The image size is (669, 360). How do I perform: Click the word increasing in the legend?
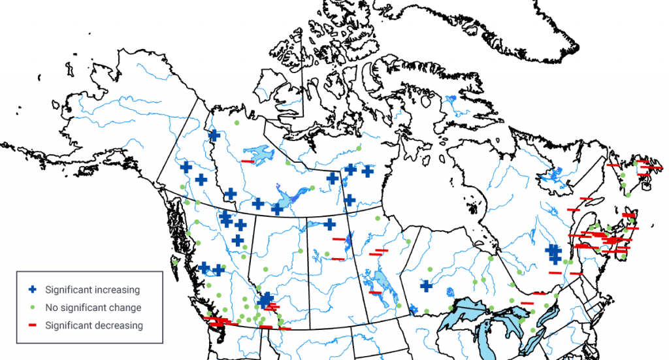coord(118,289)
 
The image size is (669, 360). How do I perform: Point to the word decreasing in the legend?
coord(120,325)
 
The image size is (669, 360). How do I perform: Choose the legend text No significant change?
coord(93,307)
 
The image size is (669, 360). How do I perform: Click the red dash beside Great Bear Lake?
coord(247,161)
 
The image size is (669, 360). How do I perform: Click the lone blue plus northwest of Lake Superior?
coord(425,286)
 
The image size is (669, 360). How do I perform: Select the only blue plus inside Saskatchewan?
coord(330,224)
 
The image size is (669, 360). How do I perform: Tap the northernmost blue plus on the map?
coord(214,135)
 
